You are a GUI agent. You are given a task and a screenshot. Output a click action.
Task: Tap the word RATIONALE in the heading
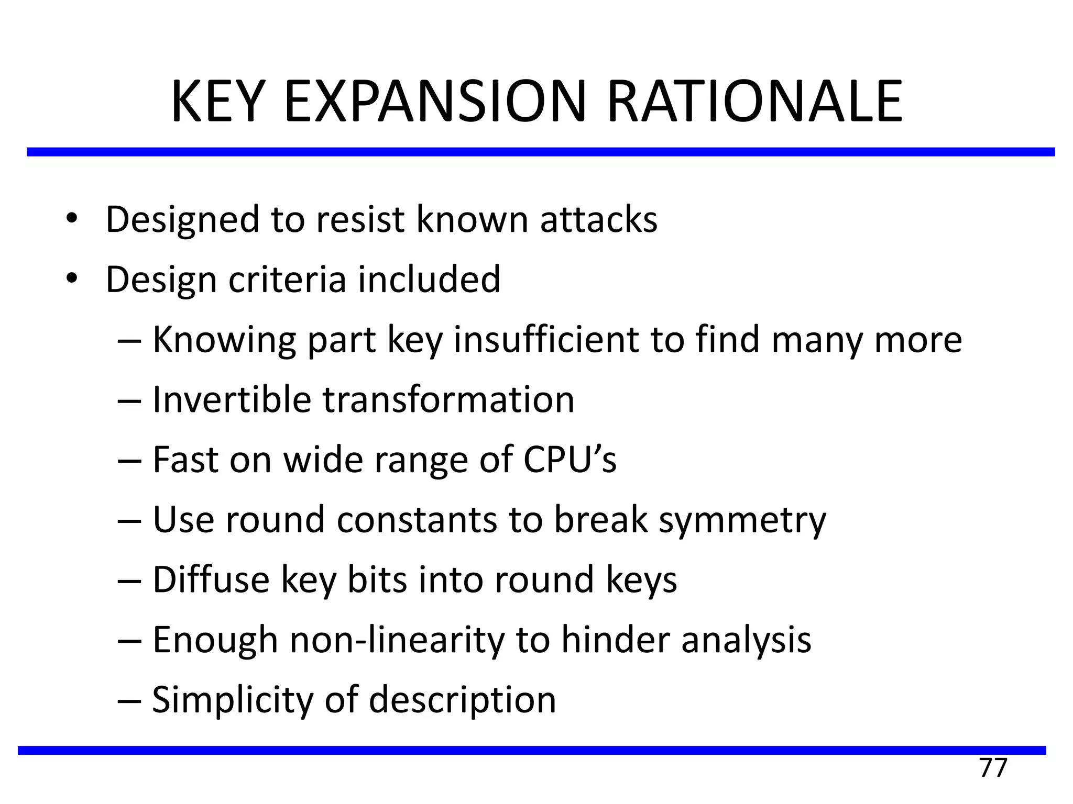pos(754,102)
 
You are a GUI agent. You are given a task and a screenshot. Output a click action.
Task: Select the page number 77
pos(993,768)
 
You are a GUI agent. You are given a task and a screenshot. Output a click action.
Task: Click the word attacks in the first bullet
pos(598,219)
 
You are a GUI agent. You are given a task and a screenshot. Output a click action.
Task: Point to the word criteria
pos(287,279)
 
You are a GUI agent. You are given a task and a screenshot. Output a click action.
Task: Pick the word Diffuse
pos(211,580)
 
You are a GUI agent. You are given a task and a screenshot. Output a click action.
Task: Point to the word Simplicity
pos(232,700)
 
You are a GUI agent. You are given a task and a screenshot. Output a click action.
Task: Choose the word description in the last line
pos(462,700)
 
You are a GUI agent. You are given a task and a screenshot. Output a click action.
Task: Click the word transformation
pos(448,400)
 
